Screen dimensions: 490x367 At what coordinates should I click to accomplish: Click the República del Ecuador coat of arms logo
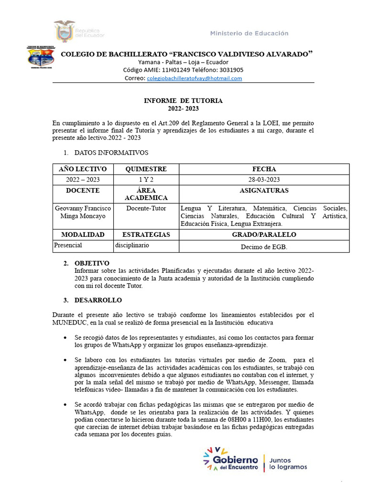click(x=65, y=31)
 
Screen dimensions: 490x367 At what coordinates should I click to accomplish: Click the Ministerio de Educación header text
click(x=249, y=33)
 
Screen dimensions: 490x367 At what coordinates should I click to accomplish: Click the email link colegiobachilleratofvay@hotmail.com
click(x=194, y=78)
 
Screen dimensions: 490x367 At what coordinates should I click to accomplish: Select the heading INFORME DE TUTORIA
click(x=183, y=101)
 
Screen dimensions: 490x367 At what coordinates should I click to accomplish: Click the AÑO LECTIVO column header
click(x=82, y=169)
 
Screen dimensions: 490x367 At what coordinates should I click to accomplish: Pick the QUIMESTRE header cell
click(x=145, y=169)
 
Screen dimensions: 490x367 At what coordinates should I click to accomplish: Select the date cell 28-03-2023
click(x=264, y=179)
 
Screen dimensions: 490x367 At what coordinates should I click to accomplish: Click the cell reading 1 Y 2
click(x=145, y=179)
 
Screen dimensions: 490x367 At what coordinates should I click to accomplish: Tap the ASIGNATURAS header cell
click(x=264, y=190)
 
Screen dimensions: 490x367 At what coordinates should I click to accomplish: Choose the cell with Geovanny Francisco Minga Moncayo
click(x=82, y=212)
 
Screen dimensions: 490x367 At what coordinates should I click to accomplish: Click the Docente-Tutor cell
click(x=145, y=208)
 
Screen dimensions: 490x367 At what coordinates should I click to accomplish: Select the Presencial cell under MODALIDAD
click(x=68, y=245)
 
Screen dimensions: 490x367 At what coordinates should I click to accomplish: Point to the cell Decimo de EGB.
click(x=264, y=247)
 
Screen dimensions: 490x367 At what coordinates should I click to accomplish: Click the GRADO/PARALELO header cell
click(x=264, y=234)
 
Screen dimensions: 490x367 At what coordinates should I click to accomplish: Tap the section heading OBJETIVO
click(x=92, y=263)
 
